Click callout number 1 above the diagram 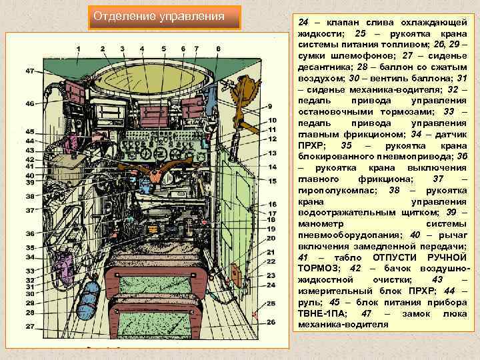pyautogui.click(x=78, y=49)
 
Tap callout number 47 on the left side pyautogui.click(x=30, y=71)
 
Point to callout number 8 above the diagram pyautogui.click(x=219, y=49)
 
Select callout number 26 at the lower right pyautogui.click(x=271, y=322)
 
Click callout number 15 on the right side pyautogui.click(x=272, y=181)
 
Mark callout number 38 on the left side pyautogui.click(x=30, y=196)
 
